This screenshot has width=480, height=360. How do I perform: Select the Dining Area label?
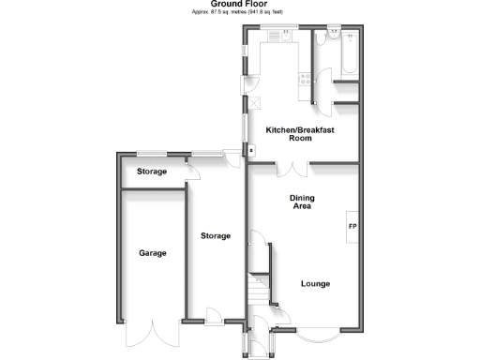[302, 202]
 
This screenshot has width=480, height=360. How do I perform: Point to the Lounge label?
[315, 283]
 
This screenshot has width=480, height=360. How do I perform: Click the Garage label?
[153, 253]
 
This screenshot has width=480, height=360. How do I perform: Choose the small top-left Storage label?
[151, 172]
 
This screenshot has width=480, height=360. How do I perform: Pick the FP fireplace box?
[352, 228]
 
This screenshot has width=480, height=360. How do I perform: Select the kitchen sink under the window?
[277, 37]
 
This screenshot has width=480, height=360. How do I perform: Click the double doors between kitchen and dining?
[294, 169]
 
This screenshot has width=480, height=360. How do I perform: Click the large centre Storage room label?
[216, 236]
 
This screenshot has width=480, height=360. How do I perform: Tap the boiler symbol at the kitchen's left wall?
[250, 149]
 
